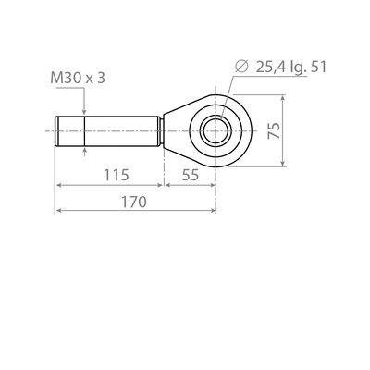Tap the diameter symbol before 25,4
point(240,66)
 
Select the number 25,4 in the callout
point(268,66)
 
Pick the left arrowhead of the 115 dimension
point(60,186)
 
